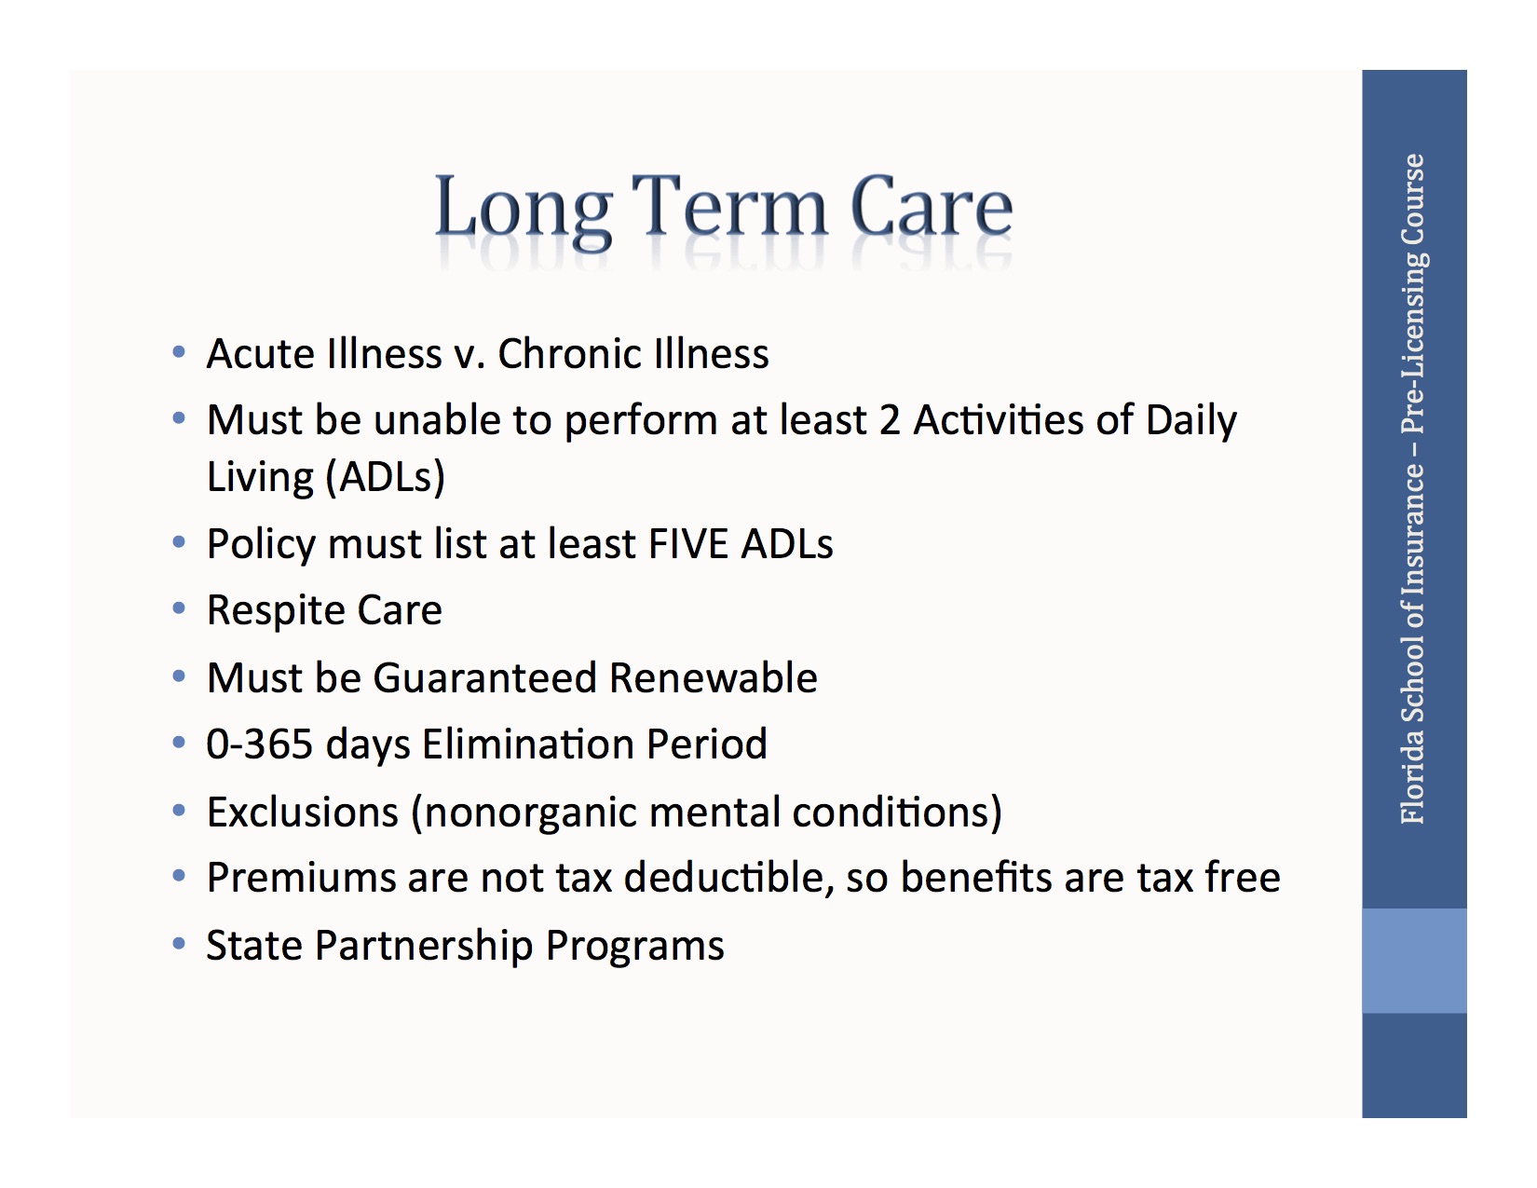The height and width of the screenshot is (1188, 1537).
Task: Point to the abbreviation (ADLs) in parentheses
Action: [385, 477]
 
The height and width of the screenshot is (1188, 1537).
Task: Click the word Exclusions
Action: [303, 812]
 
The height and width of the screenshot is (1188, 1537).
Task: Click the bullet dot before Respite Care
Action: [179, 609]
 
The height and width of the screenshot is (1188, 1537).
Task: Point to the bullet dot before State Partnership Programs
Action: [179, 944]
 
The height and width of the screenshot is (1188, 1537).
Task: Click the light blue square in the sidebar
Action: [1413, 961]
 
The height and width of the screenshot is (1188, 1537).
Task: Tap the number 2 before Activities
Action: [890, 420]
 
